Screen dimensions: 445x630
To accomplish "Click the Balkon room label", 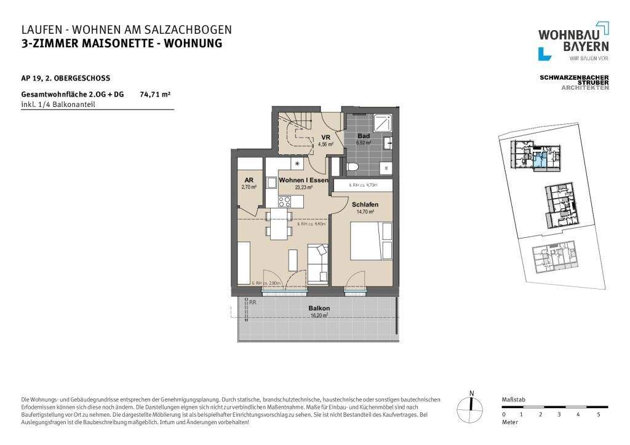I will tap(319, 308).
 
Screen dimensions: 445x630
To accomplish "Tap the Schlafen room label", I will tap(365, 204).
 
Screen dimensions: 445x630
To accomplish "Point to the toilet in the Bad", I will tap(352, 166).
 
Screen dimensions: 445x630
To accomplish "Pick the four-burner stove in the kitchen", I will tap(285, 200).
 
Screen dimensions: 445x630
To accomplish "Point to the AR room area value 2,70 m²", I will tap(248, 186).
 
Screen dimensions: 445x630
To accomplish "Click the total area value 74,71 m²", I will tap(155, 95).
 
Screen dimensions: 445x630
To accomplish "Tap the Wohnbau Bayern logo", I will tap(573, 42).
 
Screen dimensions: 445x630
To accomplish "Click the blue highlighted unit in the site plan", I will tap(539, 162).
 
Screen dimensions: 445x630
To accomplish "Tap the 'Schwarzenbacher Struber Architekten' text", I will tap(574, 82).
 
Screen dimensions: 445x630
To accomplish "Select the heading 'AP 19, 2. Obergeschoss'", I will tap(65, 78).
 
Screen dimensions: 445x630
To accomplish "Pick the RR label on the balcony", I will tap(252, 302).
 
